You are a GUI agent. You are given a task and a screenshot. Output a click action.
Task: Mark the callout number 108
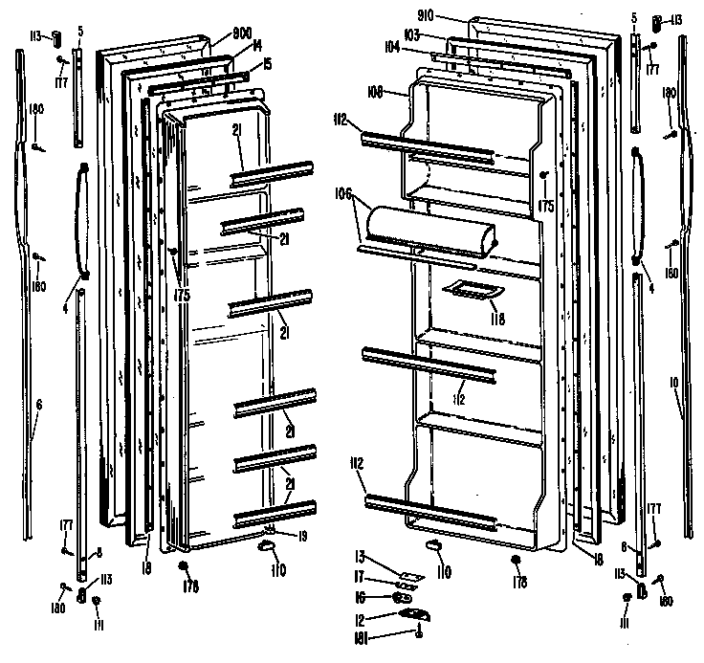tap(375, 94)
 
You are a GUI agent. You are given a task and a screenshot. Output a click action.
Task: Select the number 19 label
tap(302, 537)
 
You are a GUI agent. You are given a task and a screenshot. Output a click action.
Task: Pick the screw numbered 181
tap(418, 631)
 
